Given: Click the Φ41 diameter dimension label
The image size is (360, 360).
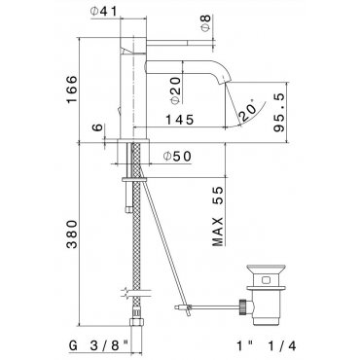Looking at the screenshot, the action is pos(103,12).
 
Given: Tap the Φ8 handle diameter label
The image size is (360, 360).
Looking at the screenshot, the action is pos(206,23).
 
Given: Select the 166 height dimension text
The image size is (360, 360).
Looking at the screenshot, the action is pos(72,90).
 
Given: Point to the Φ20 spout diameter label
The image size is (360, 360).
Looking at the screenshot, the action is pos(175,90).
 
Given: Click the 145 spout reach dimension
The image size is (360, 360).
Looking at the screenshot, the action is pos(179,120).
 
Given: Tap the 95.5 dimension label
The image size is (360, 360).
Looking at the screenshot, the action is pos(278,112).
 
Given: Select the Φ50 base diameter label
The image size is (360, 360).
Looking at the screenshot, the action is pos(178,157).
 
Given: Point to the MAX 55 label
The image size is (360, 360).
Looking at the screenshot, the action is pos(218,216).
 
